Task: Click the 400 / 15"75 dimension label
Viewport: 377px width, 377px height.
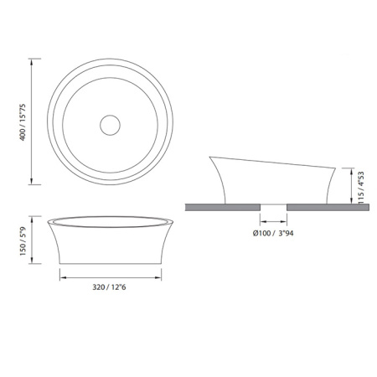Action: point(23,122)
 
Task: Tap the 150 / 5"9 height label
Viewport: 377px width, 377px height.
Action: point(23,241)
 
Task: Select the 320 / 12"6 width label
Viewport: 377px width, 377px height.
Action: point(109,287)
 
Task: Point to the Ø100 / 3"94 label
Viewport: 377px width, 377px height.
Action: point(273,233)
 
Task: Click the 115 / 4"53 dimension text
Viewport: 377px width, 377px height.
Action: point(361,188)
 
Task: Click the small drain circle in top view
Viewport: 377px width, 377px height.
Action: point(110,125)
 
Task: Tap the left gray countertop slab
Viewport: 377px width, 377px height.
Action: point(223,207)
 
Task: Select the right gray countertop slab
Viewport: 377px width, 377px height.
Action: point(328,207)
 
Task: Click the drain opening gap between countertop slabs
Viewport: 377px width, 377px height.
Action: point(274,207)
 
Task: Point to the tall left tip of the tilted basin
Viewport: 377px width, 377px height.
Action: point(209,157)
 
